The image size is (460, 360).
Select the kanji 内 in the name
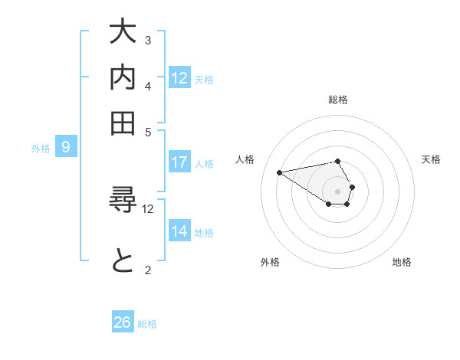coord(123,78)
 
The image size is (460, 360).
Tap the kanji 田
coord(123,123)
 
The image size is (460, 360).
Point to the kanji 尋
coord(123,203)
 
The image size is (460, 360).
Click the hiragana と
coord(123,263)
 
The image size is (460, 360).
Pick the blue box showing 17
coord(179,162)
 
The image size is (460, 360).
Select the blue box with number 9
coord(65,148)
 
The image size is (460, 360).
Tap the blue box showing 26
coord(122,322)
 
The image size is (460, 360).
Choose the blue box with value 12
coord(179,78)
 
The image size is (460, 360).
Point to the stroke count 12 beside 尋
coord(148,208)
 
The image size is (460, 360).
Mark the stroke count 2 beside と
coord(148,269)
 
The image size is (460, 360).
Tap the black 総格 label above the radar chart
coord(337,100)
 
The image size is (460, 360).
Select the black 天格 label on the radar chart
coord(431,159)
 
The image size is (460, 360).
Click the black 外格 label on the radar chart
coord(270,262)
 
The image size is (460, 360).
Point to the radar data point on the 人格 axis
coord(279,172)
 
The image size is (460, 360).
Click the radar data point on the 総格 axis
coord(337,161)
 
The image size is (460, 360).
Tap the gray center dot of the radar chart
coord(337,191)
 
